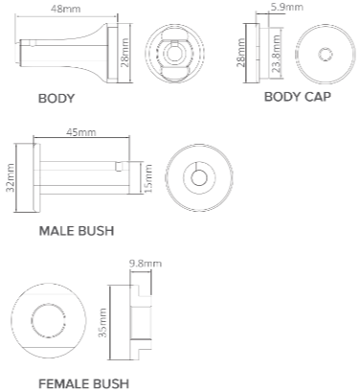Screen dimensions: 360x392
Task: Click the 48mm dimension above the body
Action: coord(66,9)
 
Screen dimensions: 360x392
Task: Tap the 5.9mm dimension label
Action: coord(286,7)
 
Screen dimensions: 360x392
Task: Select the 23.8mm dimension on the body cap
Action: coord(277,54)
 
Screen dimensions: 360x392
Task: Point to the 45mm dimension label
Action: coord(81,131)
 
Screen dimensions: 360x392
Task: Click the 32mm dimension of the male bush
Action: coord(11,177)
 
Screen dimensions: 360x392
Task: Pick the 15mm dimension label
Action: coord(148,178)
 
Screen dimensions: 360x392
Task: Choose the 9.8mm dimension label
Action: coord(146,264)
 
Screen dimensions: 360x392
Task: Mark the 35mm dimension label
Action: coord(102,323)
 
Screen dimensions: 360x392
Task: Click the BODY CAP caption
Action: coord(298,97)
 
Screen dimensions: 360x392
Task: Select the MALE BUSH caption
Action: coord(77,231)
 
